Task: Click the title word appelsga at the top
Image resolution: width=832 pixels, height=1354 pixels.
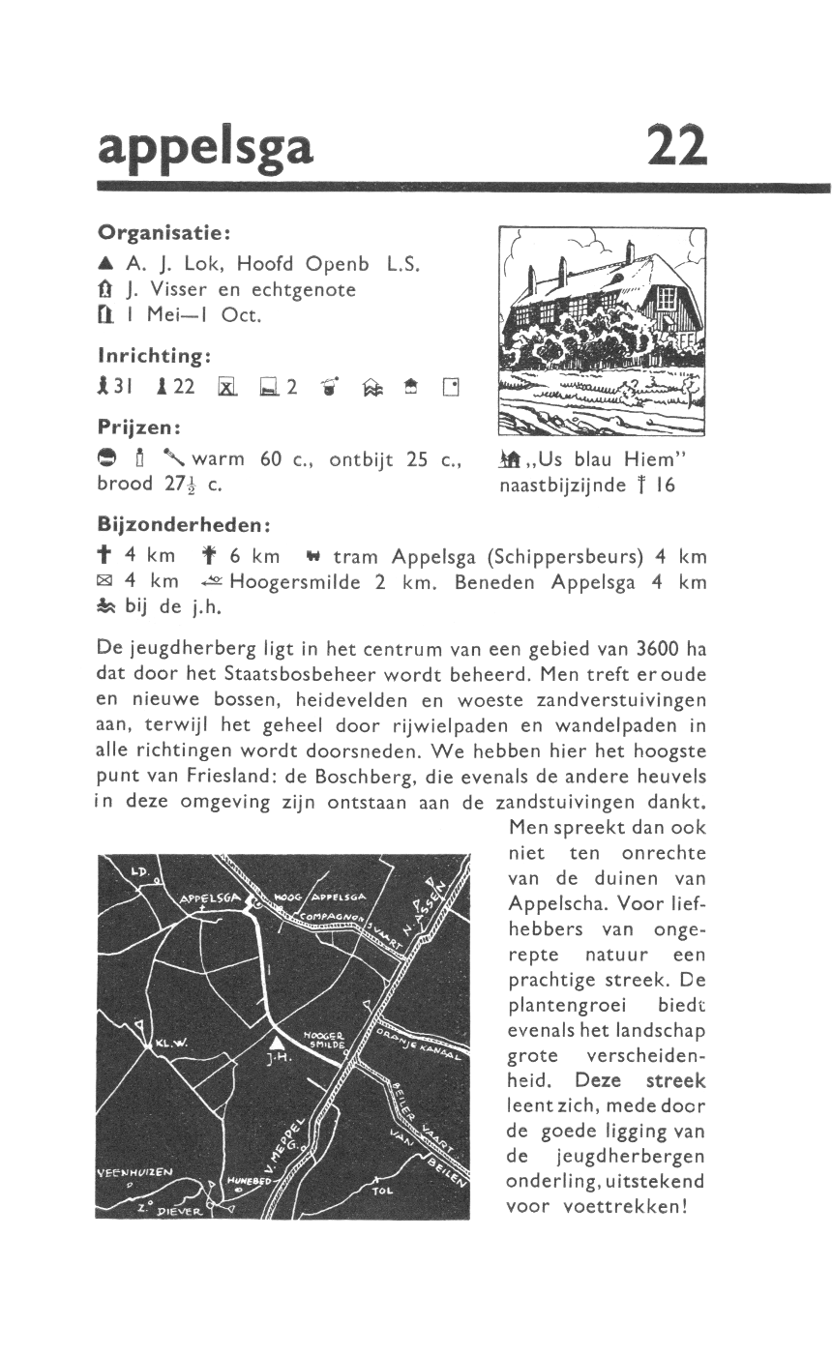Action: click(x=206, y=147)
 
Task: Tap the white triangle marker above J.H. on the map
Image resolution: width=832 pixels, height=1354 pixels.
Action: click(x=278, y=1041)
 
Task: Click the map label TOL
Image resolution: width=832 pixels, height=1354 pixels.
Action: click(x=383, y=1191)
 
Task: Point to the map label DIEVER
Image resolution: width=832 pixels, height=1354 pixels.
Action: click(x=177, y=1211)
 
